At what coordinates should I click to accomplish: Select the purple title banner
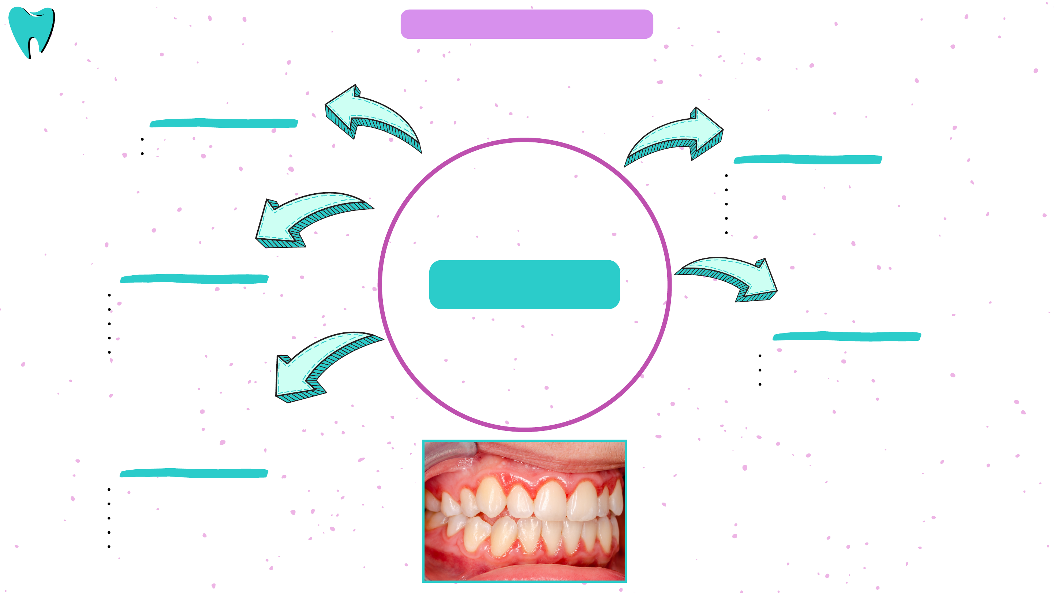[527, 24]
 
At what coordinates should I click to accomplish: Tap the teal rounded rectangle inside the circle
[524, 284]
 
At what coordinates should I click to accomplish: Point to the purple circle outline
[524, 140]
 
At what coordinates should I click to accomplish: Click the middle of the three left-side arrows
[307, 217]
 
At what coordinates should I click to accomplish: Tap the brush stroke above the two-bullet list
[224, 123]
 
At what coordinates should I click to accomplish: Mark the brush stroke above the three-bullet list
[846, 336]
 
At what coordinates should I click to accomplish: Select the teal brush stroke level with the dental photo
[194, 473]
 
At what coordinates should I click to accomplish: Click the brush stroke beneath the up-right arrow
[808, 160]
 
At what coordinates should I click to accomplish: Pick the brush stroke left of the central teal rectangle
[194, 279]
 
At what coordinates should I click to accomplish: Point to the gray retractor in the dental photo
[448, 452]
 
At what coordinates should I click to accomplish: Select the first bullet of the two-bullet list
[142, 139]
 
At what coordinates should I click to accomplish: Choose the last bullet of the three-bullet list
[760, 384]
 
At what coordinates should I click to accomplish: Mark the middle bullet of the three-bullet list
[760, 370]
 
